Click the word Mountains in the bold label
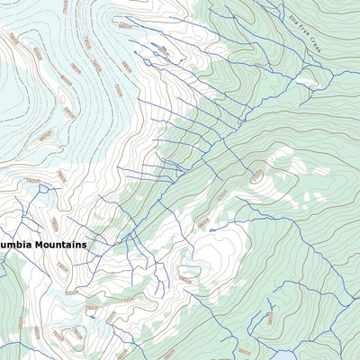click(x=58, y=244)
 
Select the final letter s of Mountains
click(x=85, y=244)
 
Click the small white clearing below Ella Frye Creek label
click(x=301, y=83)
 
